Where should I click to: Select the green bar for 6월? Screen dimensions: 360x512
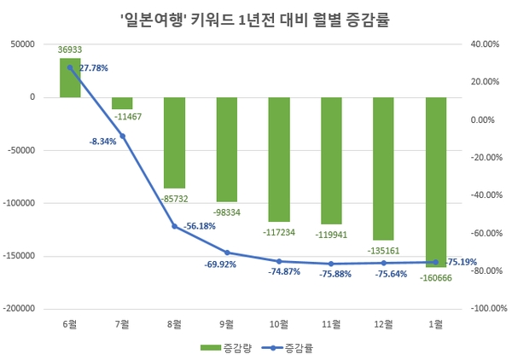click(71, 78)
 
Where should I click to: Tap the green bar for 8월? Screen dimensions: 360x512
click(175, 142)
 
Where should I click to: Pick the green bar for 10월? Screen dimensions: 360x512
click(279, 159)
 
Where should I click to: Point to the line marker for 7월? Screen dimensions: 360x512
click(123, 136)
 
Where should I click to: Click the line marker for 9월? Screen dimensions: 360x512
click(227, 253)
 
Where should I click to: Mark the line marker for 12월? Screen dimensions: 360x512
click(383, 263)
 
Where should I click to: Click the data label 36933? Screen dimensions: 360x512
click(71, 52)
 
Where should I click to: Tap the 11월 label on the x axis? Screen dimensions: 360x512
click(331, 324)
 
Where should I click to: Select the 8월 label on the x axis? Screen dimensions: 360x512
click(175, 324)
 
